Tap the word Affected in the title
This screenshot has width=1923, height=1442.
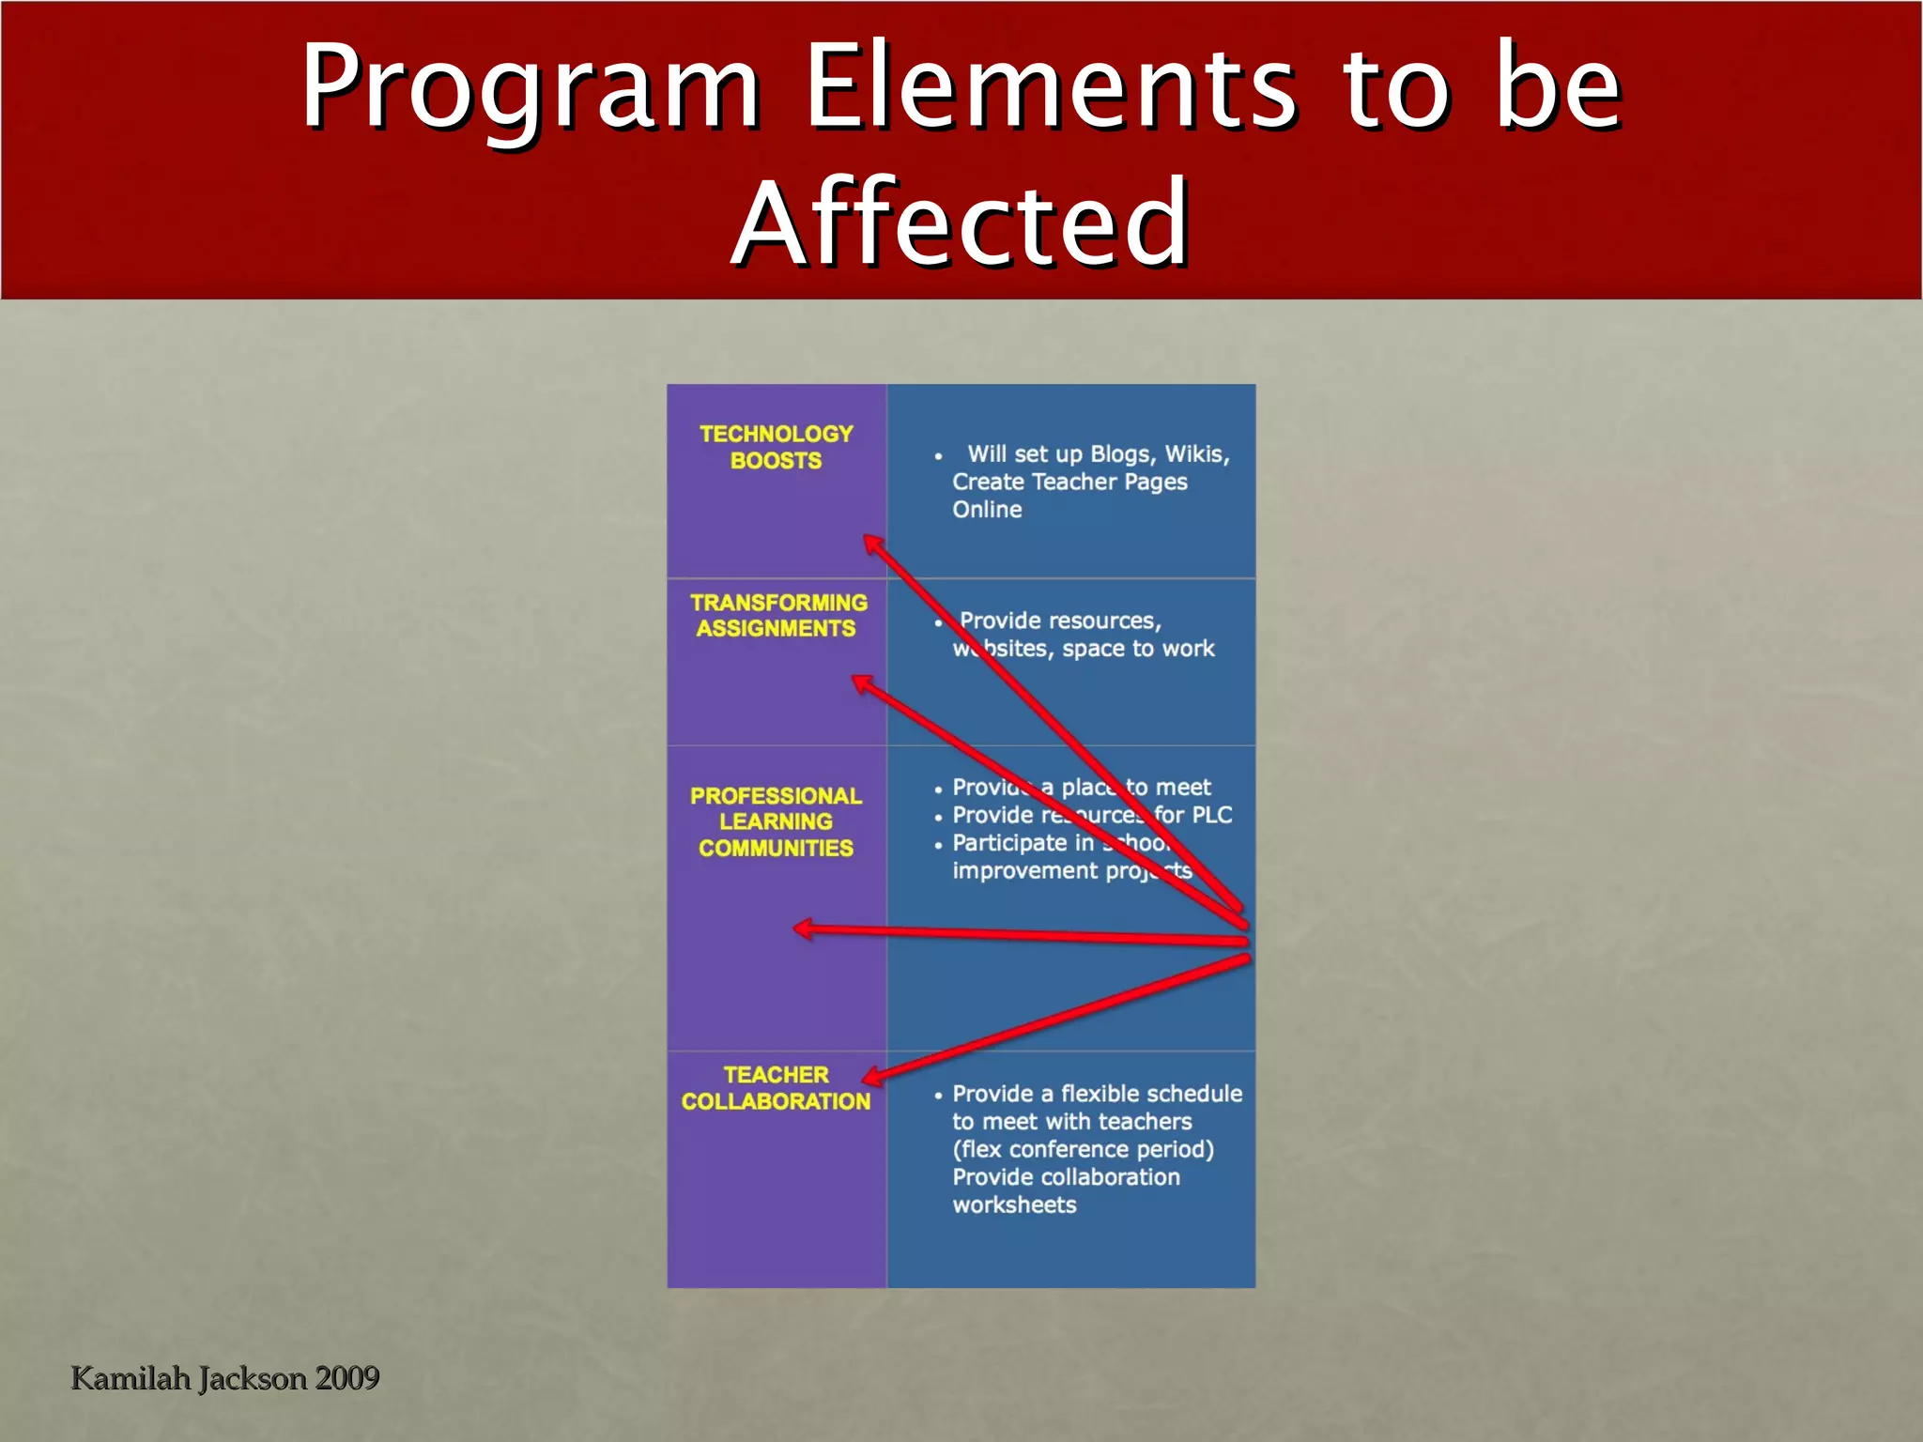tap(961, 225)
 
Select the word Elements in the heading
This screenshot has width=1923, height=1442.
tap(1050, 87)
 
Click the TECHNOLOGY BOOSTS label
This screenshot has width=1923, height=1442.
tap(776, 447)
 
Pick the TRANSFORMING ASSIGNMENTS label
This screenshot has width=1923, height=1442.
tap(777, 616)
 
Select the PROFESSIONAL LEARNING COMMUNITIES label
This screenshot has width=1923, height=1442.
tap(776, 821)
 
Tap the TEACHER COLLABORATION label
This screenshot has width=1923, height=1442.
tap(776, 1088)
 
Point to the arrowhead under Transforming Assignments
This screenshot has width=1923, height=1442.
tap(861, 683)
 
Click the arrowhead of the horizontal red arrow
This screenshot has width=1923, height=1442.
tap(804, 929)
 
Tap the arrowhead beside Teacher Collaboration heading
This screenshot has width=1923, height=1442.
tap(871, 1077)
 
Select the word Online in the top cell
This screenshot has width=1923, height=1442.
tap(987, 510)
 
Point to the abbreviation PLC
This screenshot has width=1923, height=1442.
tap(1211, 815)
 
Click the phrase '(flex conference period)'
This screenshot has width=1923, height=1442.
tap(1083, 1149)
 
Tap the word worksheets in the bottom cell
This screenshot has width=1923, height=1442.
tap(1014, 1204)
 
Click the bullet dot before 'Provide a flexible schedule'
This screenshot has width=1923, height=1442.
tap(938, 1096)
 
